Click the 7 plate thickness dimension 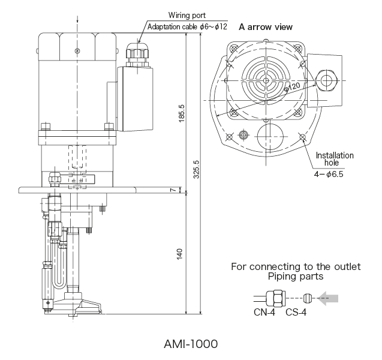(172, 190)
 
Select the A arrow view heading (266, 27)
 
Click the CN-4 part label (264, 311)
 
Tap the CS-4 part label (296, 311)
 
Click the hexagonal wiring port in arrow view (327, 78)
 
